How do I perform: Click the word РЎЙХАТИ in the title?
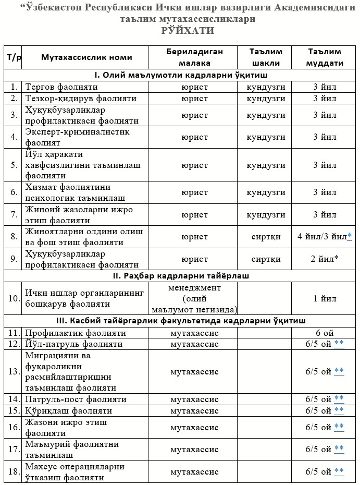[x=189, y=31]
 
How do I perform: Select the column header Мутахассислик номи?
[x=86, y=57]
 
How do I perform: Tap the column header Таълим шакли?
[x=266, y=57]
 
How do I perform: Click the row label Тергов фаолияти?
[x=57, y=86]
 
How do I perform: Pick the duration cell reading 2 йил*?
[x=325, y=259]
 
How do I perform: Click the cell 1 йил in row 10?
[x=325, y=299]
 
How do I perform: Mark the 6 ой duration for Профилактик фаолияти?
[x=325, y=333]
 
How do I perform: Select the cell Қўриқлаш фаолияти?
[x=68, y=410]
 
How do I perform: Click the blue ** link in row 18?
[x=339, y=471]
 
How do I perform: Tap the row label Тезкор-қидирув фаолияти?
[x=81, y=98]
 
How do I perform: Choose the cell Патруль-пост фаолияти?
[x=76, y=399]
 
